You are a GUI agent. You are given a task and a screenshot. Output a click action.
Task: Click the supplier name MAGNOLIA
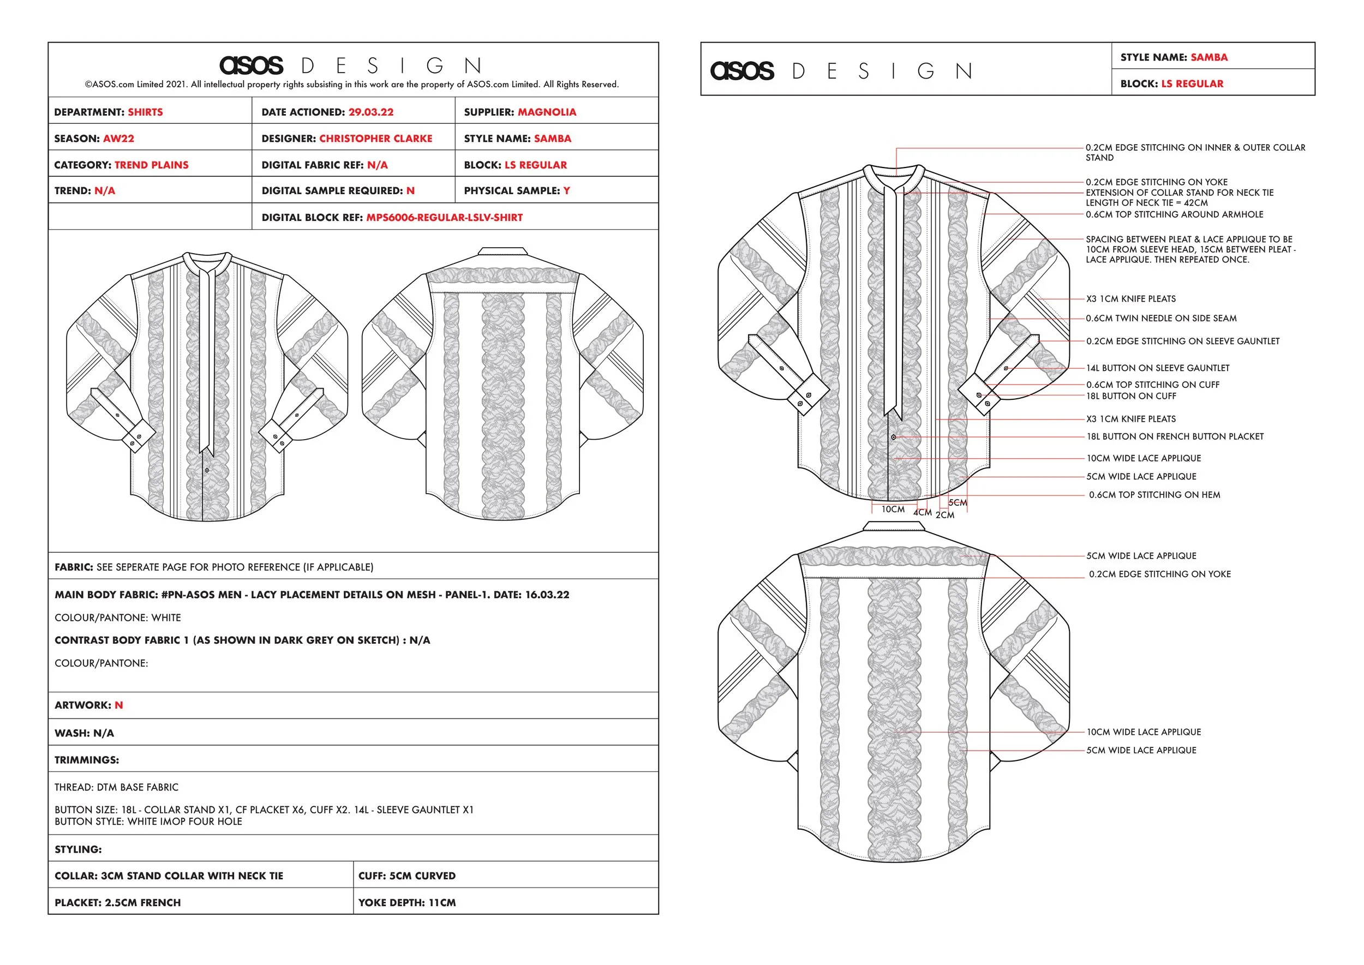(546, 112)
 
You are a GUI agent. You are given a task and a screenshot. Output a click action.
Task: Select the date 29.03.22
(370, 112)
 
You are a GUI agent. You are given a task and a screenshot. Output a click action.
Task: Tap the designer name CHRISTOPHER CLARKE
(375, 139)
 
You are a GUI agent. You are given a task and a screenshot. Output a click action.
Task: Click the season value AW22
(118, 139)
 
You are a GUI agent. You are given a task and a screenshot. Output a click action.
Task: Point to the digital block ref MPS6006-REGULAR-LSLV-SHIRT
(444, 218)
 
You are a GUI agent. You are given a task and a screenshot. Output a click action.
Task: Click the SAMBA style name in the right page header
(1209, 58)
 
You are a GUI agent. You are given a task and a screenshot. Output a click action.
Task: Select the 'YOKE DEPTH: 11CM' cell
(406, 903)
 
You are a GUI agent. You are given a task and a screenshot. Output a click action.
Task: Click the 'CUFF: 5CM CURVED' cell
(406, 876)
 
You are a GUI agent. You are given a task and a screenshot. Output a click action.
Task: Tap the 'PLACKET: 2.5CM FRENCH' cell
(118, 903)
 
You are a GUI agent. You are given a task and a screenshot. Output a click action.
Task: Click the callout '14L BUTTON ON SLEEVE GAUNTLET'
(1158, 368)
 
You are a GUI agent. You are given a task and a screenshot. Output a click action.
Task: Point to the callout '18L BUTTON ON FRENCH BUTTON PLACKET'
(1175, 437)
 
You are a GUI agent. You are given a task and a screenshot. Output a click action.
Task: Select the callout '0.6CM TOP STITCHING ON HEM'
(1154, 495)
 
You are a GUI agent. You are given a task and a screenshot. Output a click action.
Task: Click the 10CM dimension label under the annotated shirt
(893, 510)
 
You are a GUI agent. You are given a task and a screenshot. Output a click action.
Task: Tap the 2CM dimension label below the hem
(945, 515)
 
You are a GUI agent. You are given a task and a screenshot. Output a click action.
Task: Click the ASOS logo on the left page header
(252, 65)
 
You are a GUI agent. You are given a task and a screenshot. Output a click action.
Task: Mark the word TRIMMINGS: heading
(87, 760)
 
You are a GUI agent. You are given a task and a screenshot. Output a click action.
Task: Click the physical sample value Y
(566, 191)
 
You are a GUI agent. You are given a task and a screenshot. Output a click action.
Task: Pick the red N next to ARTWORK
(119, 705)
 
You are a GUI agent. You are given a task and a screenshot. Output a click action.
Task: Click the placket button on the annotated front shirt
(893, 437)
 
